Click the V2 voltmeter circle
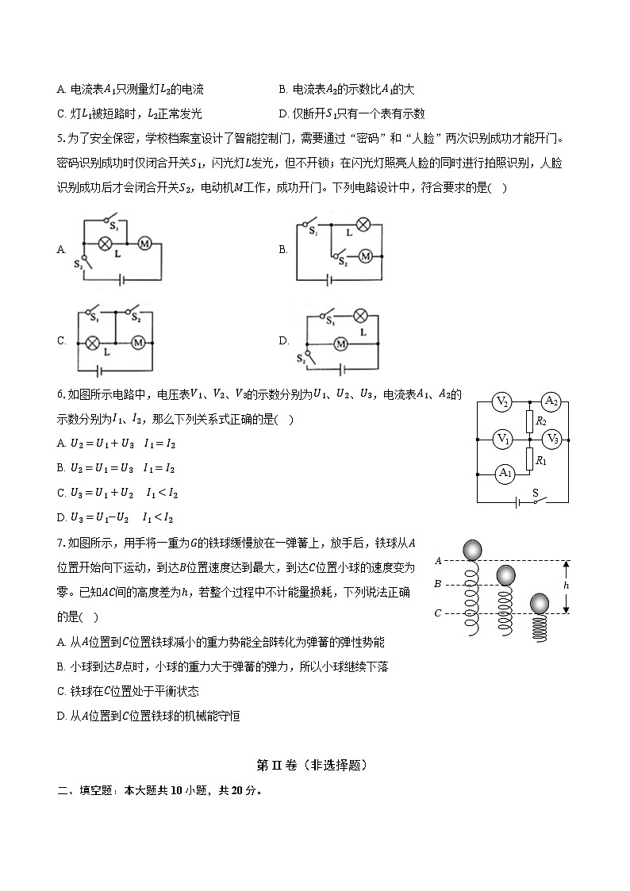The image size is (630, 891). tap(501, 403)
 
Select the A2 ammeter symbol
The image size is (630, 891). tap(551, 403)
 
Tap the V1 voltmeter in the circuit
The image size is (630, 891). tap(501, 438)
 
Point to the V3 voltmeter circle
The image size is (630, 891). tap(551, 438)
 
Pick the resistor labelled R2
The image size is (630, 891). tap(528, 421)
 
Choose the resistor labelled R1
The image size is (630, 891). tap(528, 459)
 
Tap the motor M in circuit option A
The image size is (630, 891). tap(145, 242)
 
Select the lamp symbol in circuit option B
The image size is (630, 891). tap(362, 225)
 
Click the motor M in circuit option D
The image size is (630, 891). tap(342, 344)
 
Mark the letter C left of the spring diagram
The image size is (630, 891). tap(438, 613)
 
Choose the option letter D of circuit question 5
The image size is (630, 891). tap(283, 341)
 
